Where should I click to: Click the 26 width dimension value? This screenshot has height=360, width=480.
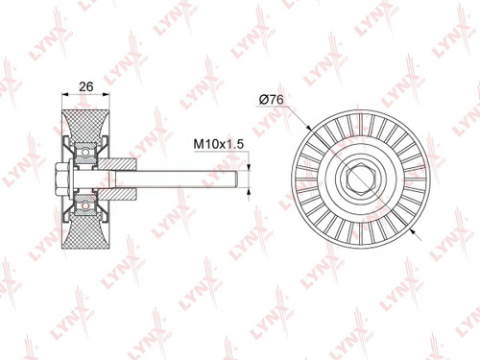pyautogui.click(x=86, y=86)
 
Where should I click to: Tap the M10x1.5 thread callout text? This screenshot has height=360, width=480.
pyautogui.click(x=219, y=144)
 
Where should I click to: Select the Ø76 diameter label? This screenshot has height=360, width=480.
pyautogui.click(x=272, y=100)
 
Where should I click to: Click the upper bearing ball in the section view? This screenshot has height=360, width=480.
pyautogui.click(x=85, y=153)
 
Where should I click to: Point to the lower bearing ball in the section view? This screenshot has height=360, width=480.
pyautogui.click(x=85, y=206)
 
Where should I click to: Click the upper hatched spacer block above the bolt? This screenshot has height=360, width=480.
pyautogui.click(x=117, y=164)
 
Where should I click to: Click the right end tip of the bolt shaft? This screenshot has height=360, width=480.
pyautogui.click(x=237, y=180)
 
